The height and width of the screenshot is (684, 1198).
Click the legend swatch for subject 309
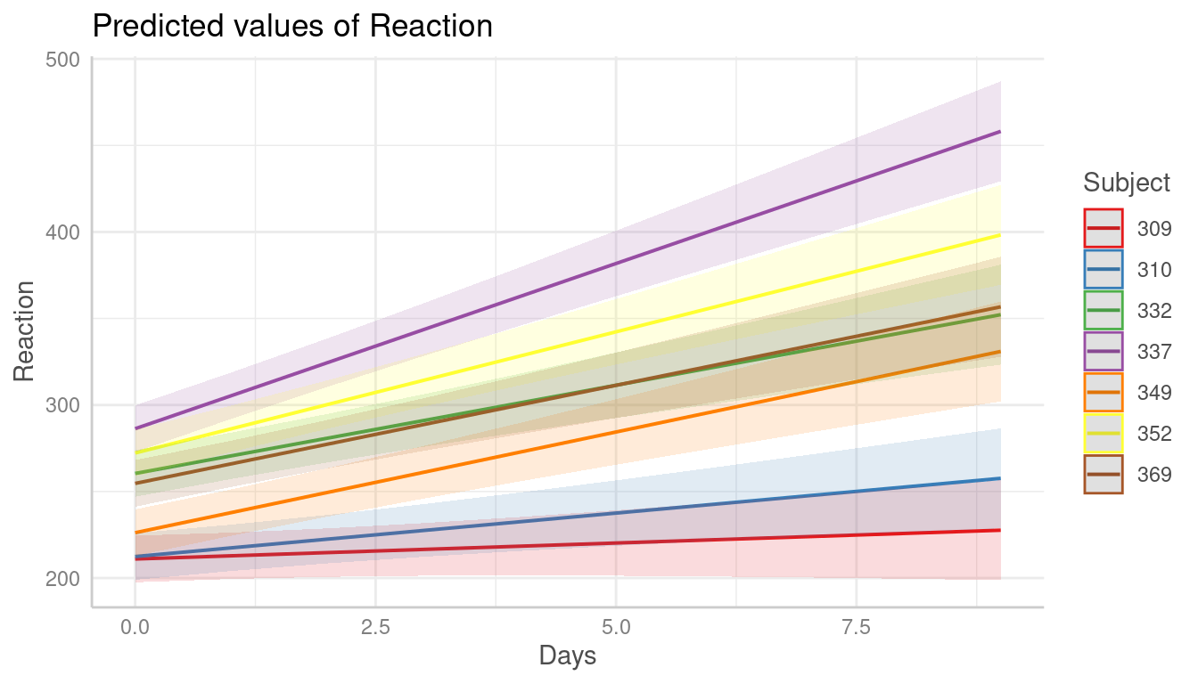pos(1103,228)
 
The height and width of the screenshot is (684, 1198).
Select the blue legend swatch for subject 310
pos(1103,269)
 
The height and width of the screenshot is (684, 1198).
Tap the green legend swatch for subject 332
pos(1103,310)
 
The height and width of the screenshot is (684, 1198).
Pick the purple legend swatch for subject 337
pos(1103,351)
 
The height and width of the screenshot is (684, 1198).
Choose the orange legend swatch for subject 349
pos(1103,392)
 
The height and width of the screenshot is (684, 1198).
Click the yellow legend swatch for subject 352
pos(1103,433)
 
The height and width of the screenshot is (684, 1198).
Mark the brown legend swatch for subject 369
pos(1103,474)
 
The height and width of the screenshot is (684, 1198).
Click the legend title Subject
pos(1127,183)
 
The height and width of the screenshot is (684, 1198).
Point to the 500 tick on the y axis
pos(62,60)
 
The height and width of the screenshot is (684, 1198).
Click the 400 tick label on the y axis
pos(62,232)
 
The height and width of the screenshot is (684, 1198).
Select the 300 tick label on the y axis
pos(62,405)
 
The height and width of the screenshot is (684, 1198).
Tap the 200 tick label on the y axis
pos(62,578)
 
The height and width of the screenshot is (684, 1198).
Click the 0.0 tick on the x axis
pos(135,628)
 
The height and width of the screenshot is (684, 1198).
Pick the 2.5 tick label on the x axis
pos(375,628)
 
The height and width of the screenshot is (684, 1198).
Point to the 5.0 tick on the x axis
pos(616,628)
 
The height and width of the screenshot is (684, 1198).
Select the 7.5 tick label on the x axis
pos(856,628)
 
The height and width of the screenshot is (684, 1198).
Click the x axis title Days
pos(568,657)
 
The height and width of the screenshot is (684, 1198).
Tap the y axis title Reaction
pos(25,331)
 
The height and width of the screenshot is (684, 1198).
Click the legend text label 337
pos(1154,352)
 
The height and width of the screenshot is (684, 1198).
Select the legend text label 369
pos(1154,475)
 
